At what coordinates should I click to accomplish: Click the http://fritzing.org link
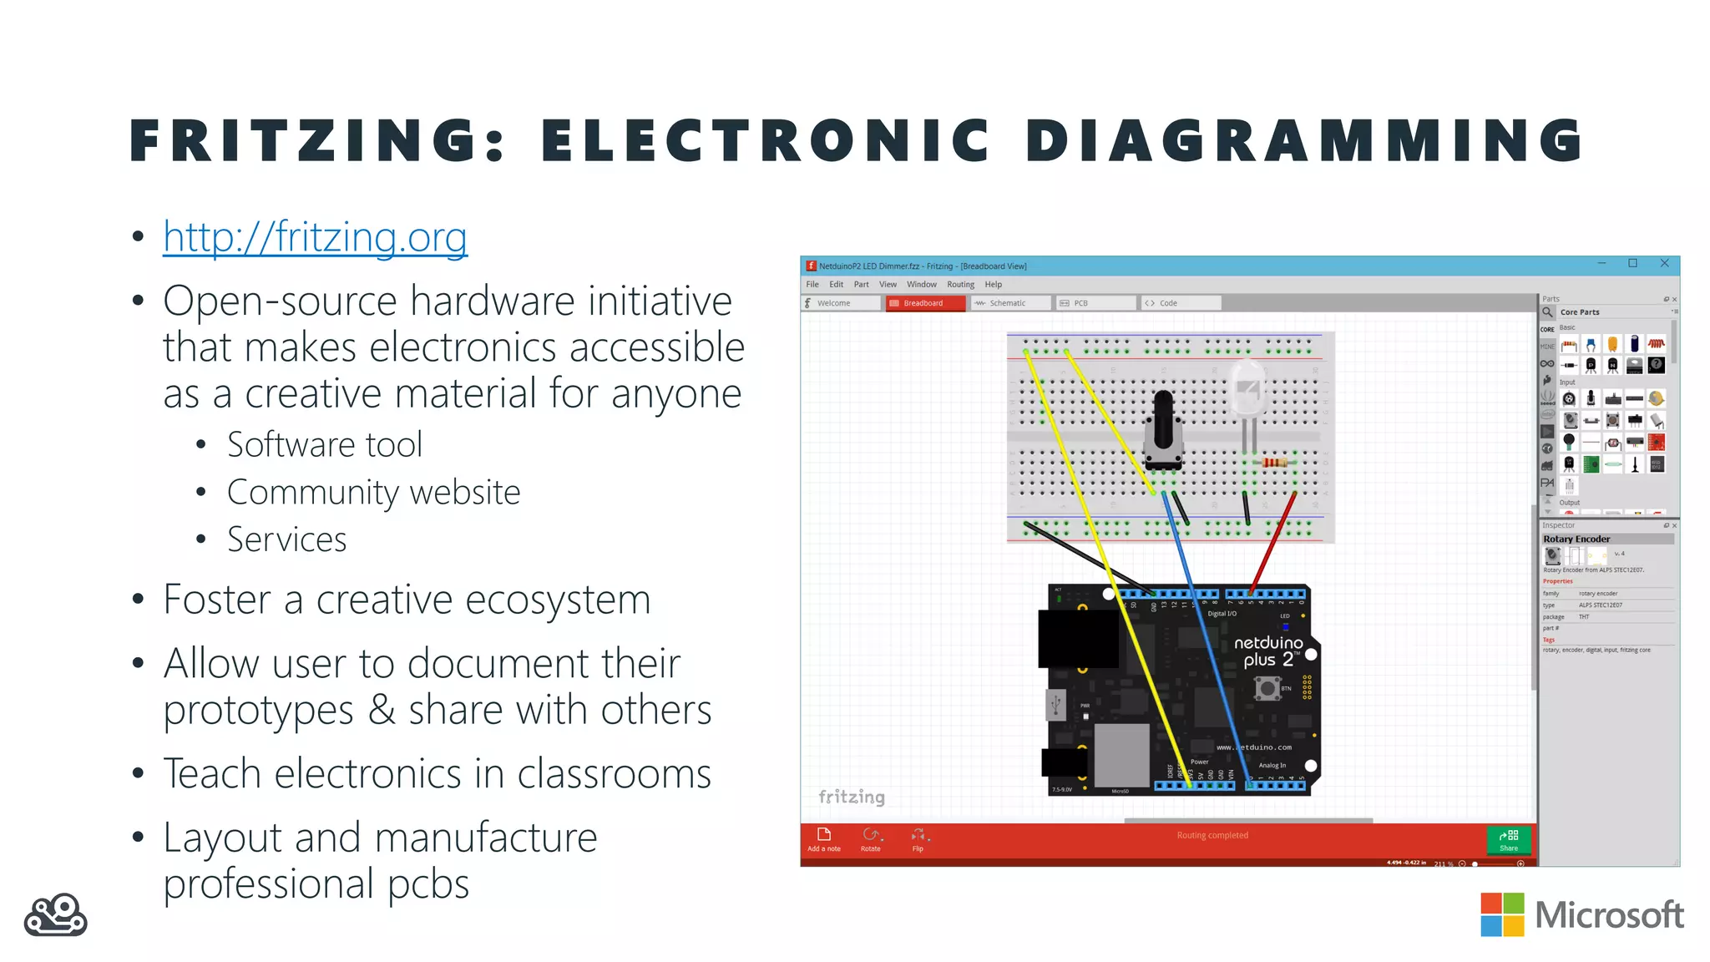pos(315,237)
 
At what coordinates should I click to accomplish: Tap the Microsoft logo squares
pos(1502,914)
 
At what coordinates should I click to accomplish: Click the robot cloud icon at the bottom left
pos(55,915)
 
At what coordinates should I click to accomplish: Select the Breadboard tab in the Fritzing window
pos(923,303)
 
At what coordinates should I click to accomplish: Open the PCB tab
pos(1080,303)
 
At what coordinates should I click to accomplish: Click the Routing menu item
pos(960,285)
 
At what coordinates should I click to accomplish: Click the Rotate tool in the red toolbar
pos(871,838)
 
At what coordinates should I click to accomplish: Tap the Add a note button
pos(823,838)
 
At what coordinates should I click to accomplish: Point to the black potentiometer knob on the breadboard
pos(1163,422)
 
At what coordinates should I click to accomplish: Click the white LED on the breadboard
pos(1247,388)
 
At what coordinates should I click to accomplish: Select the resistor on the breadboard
pos(1274,462)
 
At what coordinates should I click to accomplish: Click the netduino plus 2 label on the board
pos(1268,651)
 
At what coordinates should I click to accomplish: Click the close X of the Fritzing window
pos(1664,263)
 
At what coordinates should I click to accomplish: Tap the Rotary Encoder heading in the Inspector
pos(1576,539)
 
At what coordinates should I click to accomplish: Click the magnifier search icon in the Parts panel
pos(1547,312)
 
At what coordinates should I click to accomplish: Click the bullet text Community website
pos(373,493)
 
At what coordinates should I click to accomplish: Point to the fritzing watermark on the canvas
pos(851,797)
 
